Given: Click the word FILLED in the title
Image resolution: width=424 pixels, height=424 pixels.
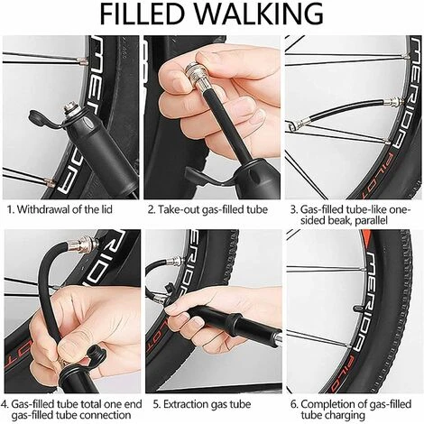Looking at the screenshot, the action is [142, 14].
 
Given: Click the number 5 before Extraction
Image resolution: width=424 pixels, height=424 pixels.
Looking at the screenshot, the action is [156, 404].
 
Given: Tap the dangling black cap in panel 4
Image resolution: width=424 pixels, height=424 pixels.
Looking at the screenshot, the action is [96, 355].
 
